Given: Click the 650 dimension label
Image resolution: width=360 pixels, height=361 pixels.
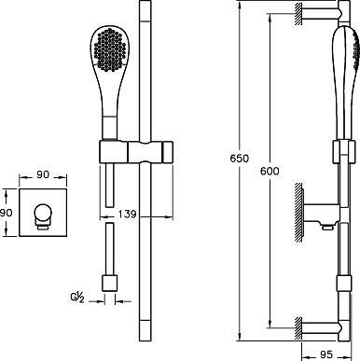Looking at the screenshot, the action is [x=240, y=159].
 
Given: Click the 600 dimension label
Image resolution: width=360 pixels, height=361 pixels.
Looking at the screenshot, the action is [x=270, y=171].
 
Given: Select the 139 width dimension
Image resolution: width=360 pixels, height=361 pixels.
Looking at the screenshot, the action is [x=127, y=214].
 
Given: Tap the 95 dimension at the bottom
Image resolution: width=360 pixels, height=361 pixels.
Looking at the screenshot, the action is [x=325, y=354].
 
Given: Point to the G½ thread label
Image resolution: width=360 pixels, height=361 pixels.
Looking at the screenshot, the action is [x=76, y=299].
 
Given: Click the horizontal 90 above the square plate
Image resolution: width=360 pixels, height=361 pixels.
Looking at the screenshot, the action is [x=43, y=174].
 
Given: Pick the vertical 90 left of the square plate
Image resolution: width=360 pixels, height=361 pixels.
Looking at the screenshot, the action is [x=6, y=213].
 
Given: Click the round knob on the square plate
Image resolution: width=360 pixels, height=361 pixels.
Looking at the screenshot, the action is [x=43, y=213].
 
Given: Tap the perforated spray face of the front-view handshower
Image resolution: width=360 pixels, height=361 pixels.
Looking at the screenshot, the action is [x=110, y=49].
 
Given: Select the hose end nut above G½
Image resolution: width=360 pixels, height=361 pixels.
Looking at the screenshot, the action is [x=110, y=284].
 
